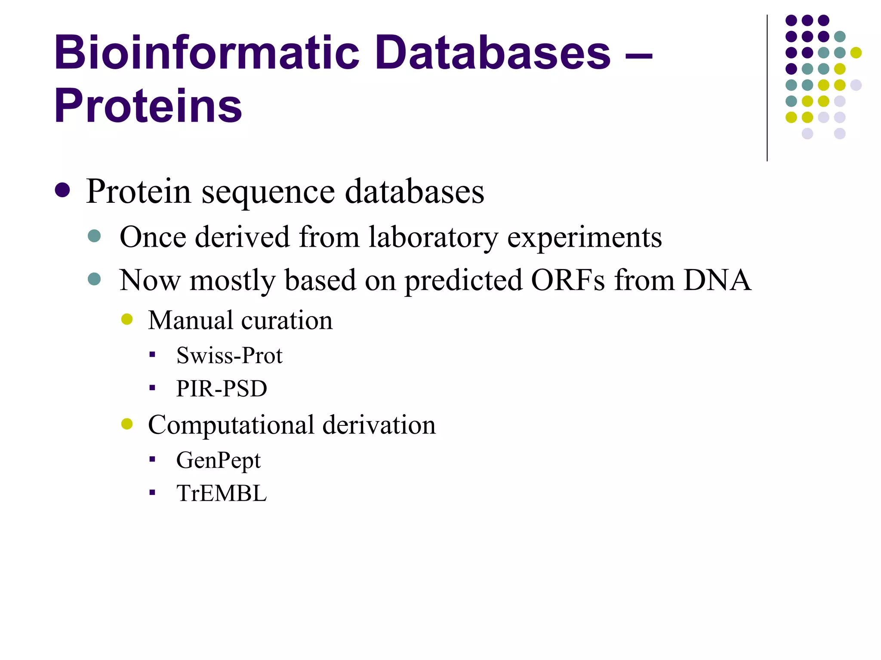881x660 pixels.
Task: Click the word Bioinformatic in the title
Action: pyautogui.click(x=206, y=52)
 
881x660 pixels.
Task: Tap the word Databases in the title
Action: pyautogui.click(x=493, y=52)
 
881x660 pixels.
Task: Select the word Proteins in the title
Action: pyautogui.click(x=148, y=106)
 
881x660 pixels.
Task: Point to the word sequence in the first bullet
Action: pyautogui.click(x=268, y=192)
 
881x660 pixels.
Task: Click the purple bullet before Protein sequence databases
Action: pyautogui.click(x=62, y=190)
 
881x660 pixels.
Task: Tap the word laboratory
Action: pyautogui.click(x=433, y=237)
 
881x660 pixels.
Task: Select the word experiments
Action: pyautogui.click(x=584, y=237)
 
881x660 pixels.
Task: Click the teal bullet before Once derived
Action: pyautogui.click(x=94, y=236)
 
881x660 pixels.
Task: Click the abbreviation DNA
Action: pyautogui.click(x=717, y=280)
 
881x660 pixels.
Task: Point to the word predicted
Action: pyautogui.click(x=464, y=280)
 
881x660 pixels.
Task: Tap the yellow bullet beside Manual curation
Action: pyautogui.click(x=127, y=319)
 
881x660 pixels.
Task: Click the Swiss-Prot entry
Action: pyautogui.click(x=229, y=356)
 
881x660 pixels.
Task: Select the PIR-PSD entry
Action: pyautogui.click(x=222, y=388)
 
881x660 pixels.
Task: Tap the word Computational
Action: pyautogui.click(x=231, y=425)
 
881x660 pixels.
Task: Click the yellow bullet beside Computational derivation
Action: pyautogui.click(x=127, y=424)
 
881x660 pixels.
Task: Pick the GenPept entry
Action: pyautogui.click(x=219, y=461)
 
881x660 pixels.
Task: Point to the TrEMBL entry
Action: pyautogui.click(x=222, y=493)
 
